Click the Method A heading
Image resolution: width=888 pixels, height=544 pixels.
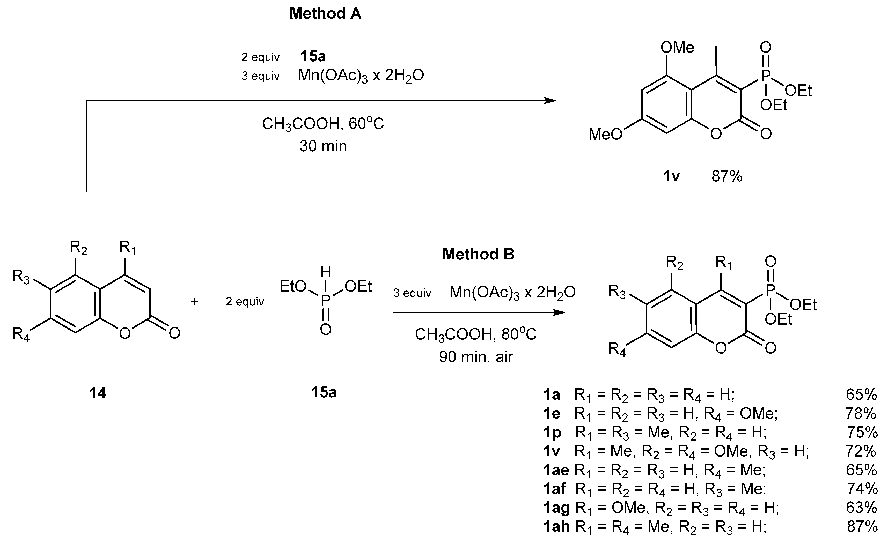click(x=325, y=14)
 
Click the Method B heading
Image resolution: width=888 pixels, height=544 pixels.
click(x=478, y=254)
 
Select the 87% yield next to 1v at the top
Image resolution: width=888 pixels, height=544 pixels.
click(x=727, y=176)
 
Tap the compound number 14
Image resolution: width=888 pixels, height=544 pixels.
click(x=98, y=393)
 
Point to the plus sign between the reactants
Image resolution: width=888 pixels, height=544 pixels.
click(x=194, y=302)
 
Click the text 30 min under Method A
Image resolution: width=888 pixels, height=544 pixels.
click(x=323, y=146)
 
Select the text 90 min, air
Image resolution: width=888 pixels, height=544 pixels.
click(x=475, y=357)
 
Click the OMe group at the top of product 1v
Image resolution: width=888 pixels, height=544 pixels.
click(x=677, y=48)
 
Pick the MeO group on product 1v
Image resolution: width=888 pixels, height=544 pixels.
click(x=605, y=134)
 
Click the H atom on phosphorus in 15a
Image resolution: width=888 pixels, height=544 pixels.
click(x=325, y=272)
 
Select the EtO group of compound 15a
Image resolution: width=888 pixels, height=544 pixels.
click(x=293, y=287)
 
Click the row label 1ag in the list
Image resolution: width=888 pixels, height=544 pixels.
click(x=556, y=508)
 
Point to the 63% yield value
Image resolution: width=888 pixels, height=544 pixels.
click(x=861, y=508)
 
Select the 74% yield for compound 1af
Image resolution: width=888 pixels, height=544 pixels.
click(x=861, y=489)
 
